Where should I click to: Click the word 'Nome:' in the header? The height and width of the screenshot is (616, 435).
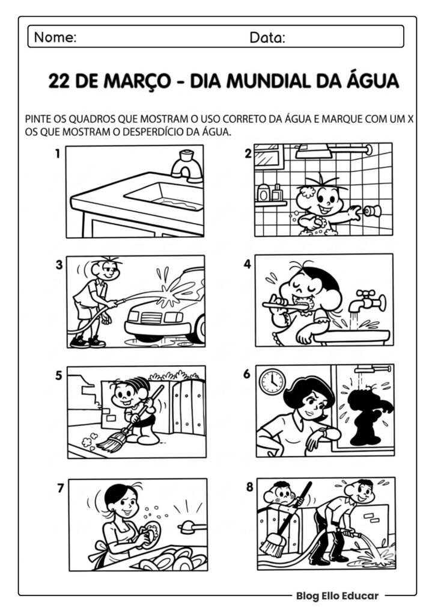pos(55,37)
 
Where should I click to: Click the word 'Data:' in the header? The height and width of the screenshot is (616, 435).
pos(267,38)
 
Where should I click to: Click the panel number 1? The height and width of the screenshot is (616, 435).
pos(58,154)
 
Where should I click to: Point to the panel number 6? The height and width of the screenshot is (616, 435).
pos(246,374)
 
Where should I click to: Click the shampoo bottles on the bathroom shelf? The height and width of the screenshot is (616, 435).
pos(270,192)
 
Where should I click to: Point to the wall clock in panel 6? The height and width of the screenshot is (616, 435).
pos(272,381)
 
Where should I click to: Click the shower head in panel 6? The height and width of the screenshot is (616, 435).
pos(365,369)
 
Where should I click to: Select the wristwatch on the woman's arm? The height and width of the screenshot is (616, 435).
pos(325,433)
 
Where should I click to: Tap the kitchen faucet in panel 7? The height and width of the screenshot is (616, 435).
pos(192,527)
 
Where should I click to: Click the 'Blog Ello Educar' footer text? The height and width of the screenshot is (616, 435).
pos(336,596)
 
